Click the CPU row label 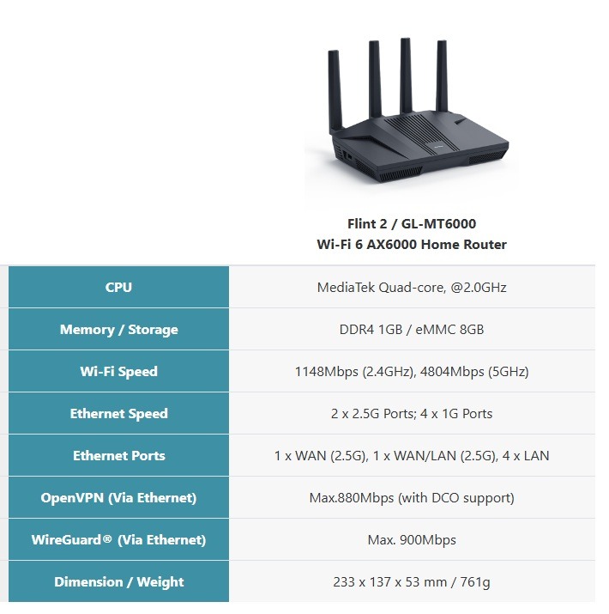coord(118,287)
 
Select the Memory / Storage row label coord(118,329)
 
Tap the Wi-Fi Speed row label coord(118,371)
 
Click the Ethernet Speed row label coord(118,413)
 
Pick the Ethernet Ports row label coord(118,455)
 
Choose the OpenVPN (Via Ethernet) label coord(118,497)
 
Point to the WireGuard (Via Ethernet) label coord(118,539)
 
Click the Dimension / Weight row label coord(118,581)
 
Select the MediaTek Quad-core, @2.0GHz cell coord(412,287)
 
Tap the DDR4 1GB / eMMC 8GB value coord(412,329)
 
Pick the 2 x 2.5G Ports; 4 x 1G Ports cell coord(412,413)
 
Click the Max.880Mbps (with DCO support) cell coord(412,497)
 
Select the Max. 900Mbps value coord(412,539)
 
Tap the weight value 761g coord(473,581)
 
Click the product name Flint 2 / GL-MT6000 coord(412,223)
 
